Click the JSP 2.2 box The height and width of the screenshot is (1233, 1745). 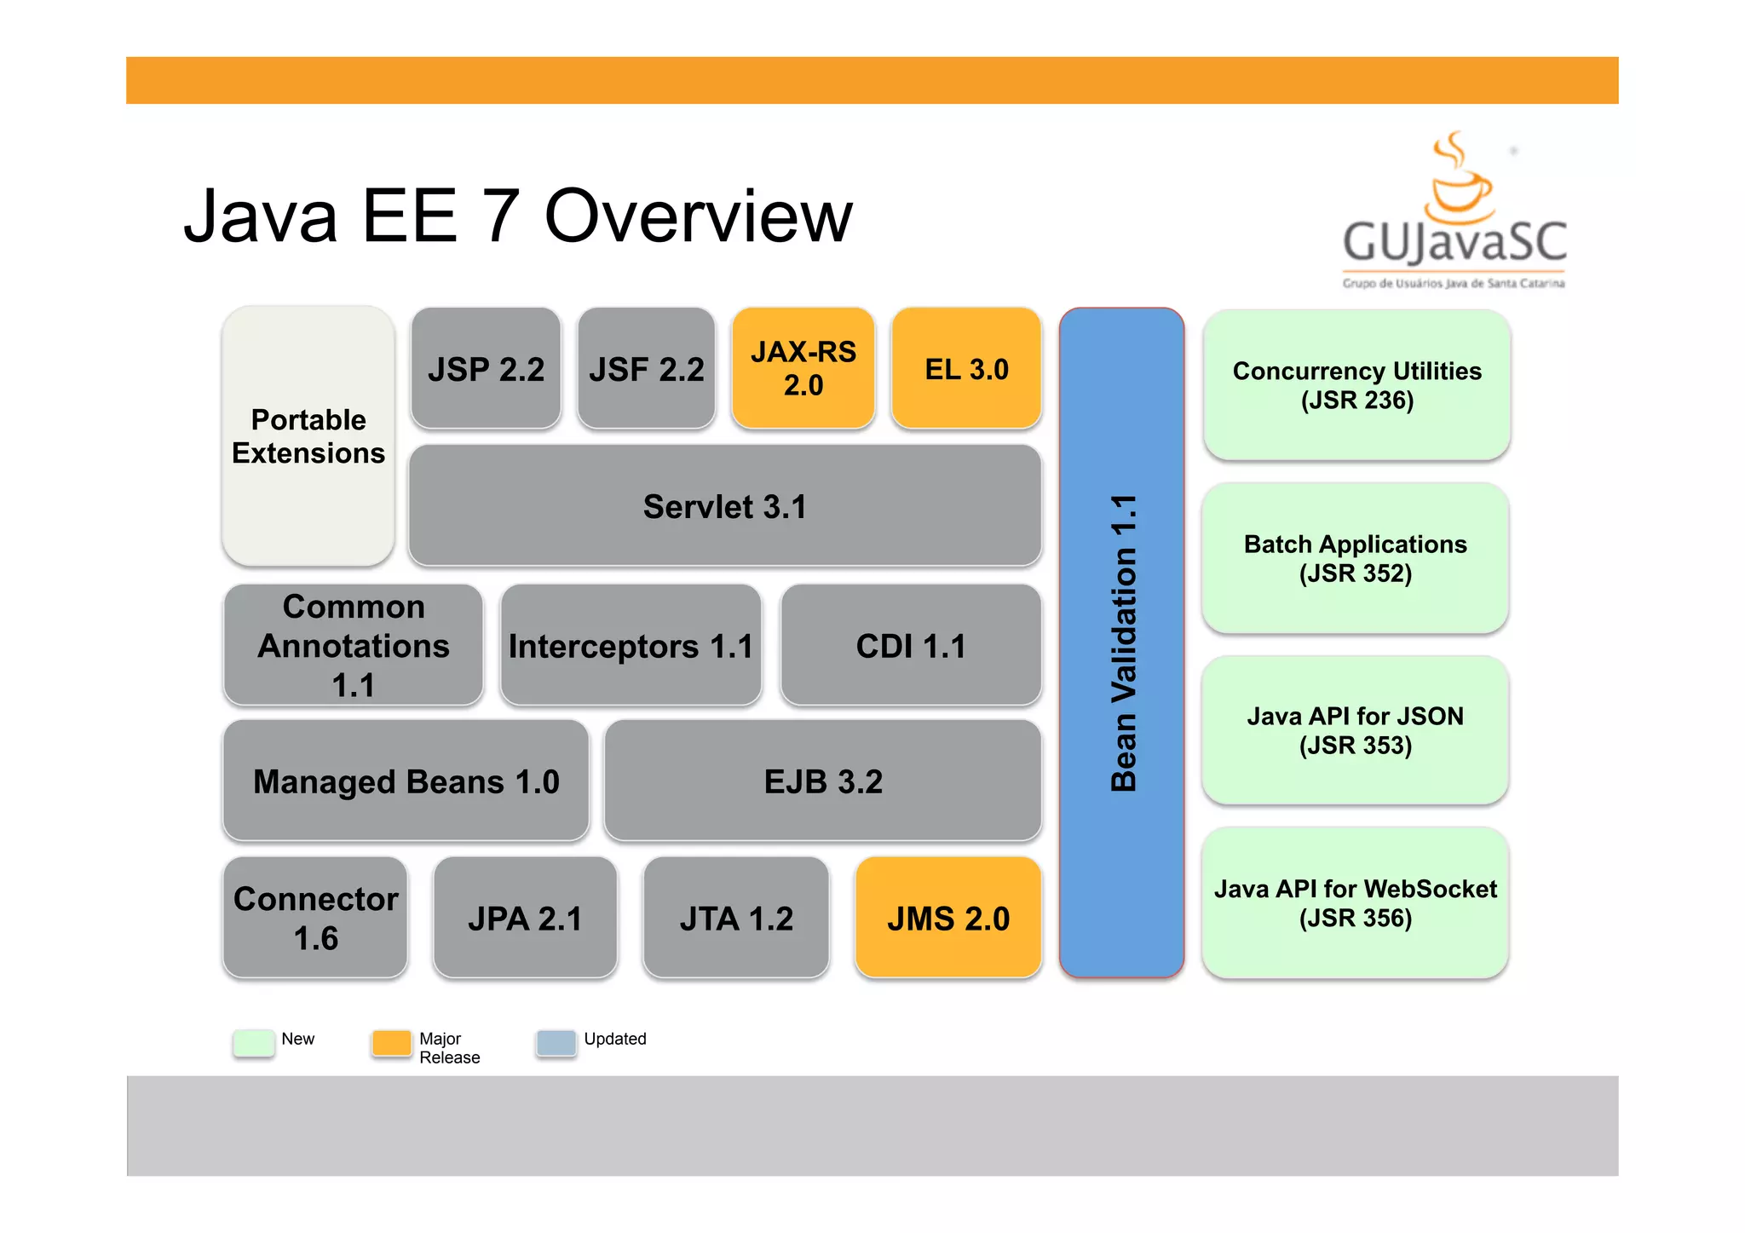click(x=486, y=369)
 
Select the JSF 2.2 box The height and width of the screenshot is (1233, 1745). click(x=646, y=369)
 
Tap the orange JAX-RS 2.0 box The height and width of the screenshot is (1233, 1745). click(x=803, y=368)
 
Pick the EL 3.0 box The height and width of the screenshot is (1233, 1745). click(x=966, y=369)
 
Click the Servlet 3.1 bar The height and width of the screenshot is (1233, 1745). click(x=724, y=506)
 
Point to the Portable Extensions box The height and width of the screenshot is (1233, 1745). click(x=308, y=436)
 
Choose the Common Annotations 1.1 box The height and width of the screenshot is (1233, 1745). click(x=353, y=645)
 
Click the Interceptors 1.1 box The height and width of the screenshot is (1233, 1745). click(x=631, y=646)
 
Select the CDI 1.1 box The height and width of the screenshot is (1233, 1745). click(x=911, y=646)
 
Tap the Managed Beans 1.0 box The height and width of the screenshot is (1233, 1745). click(x=406, y=781)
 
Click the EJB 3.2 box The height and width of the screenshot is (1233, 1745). click(x=823, y=781)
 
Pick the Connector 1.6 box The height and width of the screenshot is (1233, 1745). click(x=315, y=918)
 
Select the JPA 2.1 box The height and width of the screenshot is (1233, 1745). click(x=525, y=919)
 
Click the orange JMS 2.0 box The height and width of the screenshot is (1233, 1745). click(x=948, y=919)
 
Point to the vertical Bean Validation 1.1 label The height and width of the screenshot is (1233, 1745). click(x=1124, y=643)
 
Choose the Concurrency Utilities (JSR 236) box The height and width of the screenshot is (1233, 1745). click(x=1356, y=385)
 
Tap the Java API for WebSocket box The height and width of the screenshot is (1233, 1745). click(x=1355, y=903)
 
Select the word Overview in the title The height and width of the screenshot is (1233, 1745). click(x=698, y=216)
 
